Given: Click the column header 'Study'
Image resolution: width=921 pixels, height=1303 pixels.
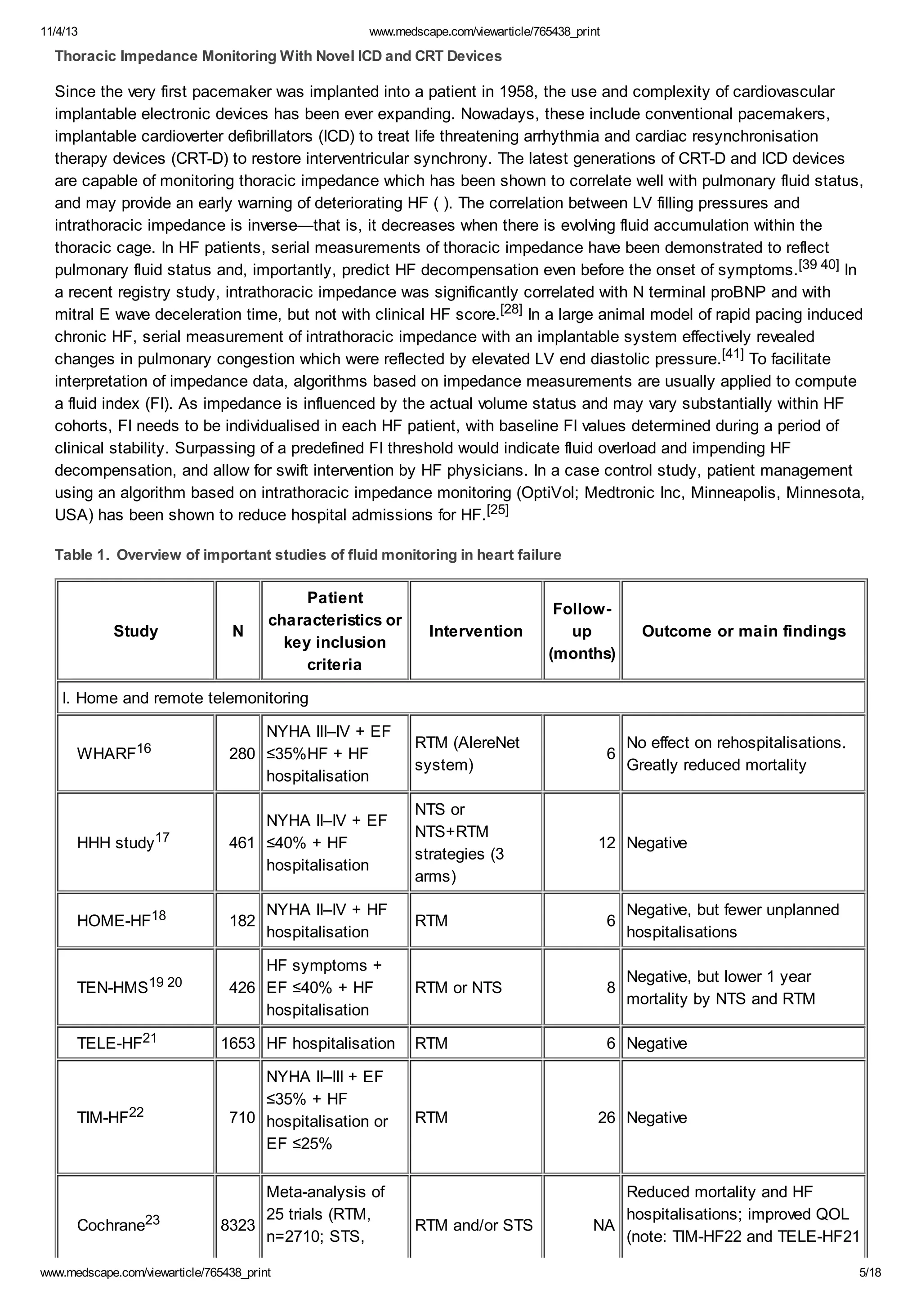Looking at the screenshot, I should point(136,631).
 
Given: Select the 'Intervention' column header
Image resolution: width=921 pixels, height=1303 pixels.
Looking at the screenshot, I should point(475,631).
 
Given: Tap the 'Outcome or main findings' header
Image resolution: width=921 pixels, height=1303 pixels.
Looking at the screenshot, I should point(743,631).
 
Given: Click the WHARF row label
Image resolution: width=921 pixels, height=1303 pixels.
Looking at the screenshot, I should point(113,753).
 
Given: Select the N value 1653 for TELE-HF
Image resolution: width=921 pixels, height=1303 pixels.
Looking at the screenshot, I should point(238,1043).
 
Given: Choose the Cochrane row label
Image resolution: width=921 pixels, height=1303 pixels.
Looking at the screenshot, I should point(118,1225).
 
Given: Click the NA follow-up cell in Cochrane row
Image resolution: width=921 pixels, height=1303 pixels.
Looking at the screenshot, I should point(604,1225).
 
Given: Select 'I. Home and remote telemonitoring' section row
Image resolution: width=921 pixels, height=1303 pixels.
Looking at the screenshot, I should point(185,698).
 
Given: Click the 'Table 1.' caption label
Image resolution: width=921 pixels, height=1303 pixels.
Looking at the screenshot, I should point(82,555).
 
